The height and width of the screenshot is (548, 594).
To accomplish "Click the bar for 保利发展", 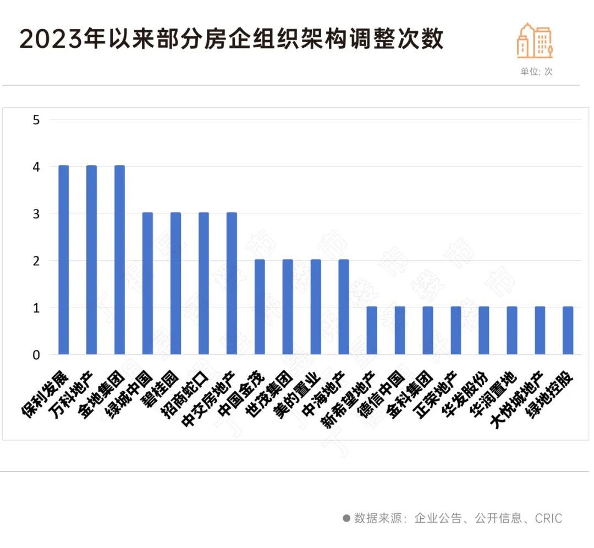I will coord(64,260).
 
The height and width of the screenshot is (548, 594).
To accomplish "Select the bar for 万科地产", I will coord(92,260).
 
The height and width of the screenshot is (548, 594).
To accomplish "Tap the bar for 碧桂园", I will coord(175,283).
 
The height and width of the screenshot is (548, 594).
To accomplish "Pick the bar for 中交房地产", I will coord(232,283).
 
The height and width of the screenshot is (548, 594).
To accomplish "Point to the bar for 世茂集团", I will coord(288,307).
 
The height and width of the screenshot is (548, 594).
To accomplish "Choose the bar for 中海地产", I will coord(344,307).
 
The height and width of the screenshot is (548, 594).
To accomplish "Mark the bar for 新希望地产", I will coord(372,330).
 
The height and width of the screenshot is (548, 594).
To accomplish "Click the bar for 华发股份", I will coord(484,330).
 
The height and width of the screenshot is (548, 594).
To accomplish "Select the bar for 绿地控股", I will coord(568,330).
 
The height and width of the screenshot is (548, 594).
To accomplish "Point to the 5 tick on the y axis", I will coord(37,119).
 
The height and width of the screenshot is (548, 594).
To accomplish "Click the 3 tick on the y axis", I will coord(37,213).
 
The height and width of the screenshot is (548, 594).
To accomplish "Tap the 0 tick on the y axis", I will coord(37,355).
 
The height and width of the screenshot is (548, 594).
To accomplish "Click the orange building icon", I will coord(534,41).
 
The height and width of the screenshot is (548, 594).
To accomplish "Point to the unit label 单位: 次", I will coord(536,72).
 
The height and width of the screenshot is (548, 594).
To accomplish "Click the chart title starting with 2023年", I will coord(232,40).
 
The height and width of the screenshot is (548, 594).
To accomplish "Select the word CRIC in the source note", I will coord(548,518).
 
